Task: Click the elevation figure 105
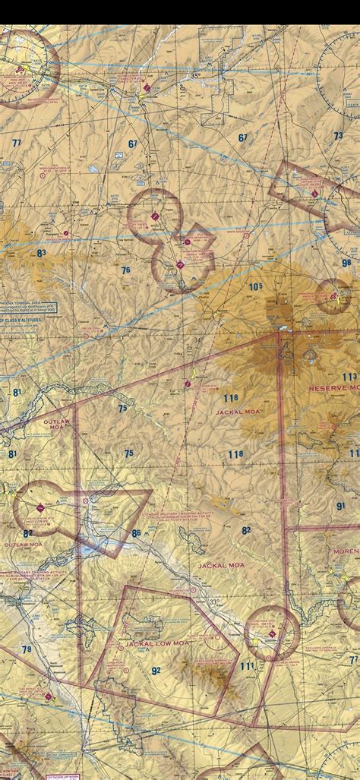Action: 254,286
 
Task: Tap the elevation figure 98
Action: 346,264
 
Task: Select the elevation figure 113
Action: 349,377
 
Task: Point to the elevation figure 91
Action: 341,505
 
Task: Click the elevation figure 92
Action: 156,671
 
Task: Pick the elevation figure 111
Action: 247,666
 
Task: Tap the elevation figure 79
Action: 27,649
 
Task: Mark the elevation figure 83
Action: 41,253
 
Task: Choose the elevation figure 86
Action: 136,534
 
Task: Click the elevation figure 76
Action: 125,270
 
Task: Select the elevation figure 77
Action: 17,143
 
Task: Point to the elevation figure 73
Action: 338,135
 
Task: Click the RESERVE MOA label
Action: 331,388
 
